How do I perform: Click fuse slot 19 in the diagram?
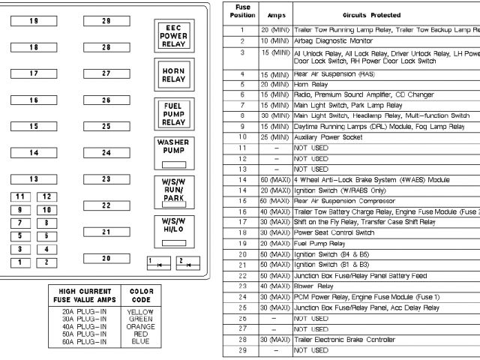33,21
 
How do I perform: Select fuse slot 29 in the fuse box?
106,21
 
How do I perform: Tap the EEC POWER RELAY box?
173,35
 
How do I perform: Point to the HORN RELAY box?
173,75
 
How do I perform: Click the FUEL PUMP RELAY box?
173,114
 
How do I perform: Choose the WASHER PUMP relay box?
173,151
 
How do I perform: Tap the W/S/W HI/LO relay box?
173,229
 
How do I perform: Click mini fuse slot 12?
46,196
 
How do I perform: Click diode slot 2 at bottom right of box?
187,262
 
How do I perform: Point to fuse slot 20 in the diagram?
106,259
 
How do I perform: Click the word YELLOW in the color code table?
141,311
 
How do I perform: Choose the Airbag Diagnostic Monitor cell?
333,40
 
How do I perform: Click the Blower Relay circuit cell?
316,286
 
